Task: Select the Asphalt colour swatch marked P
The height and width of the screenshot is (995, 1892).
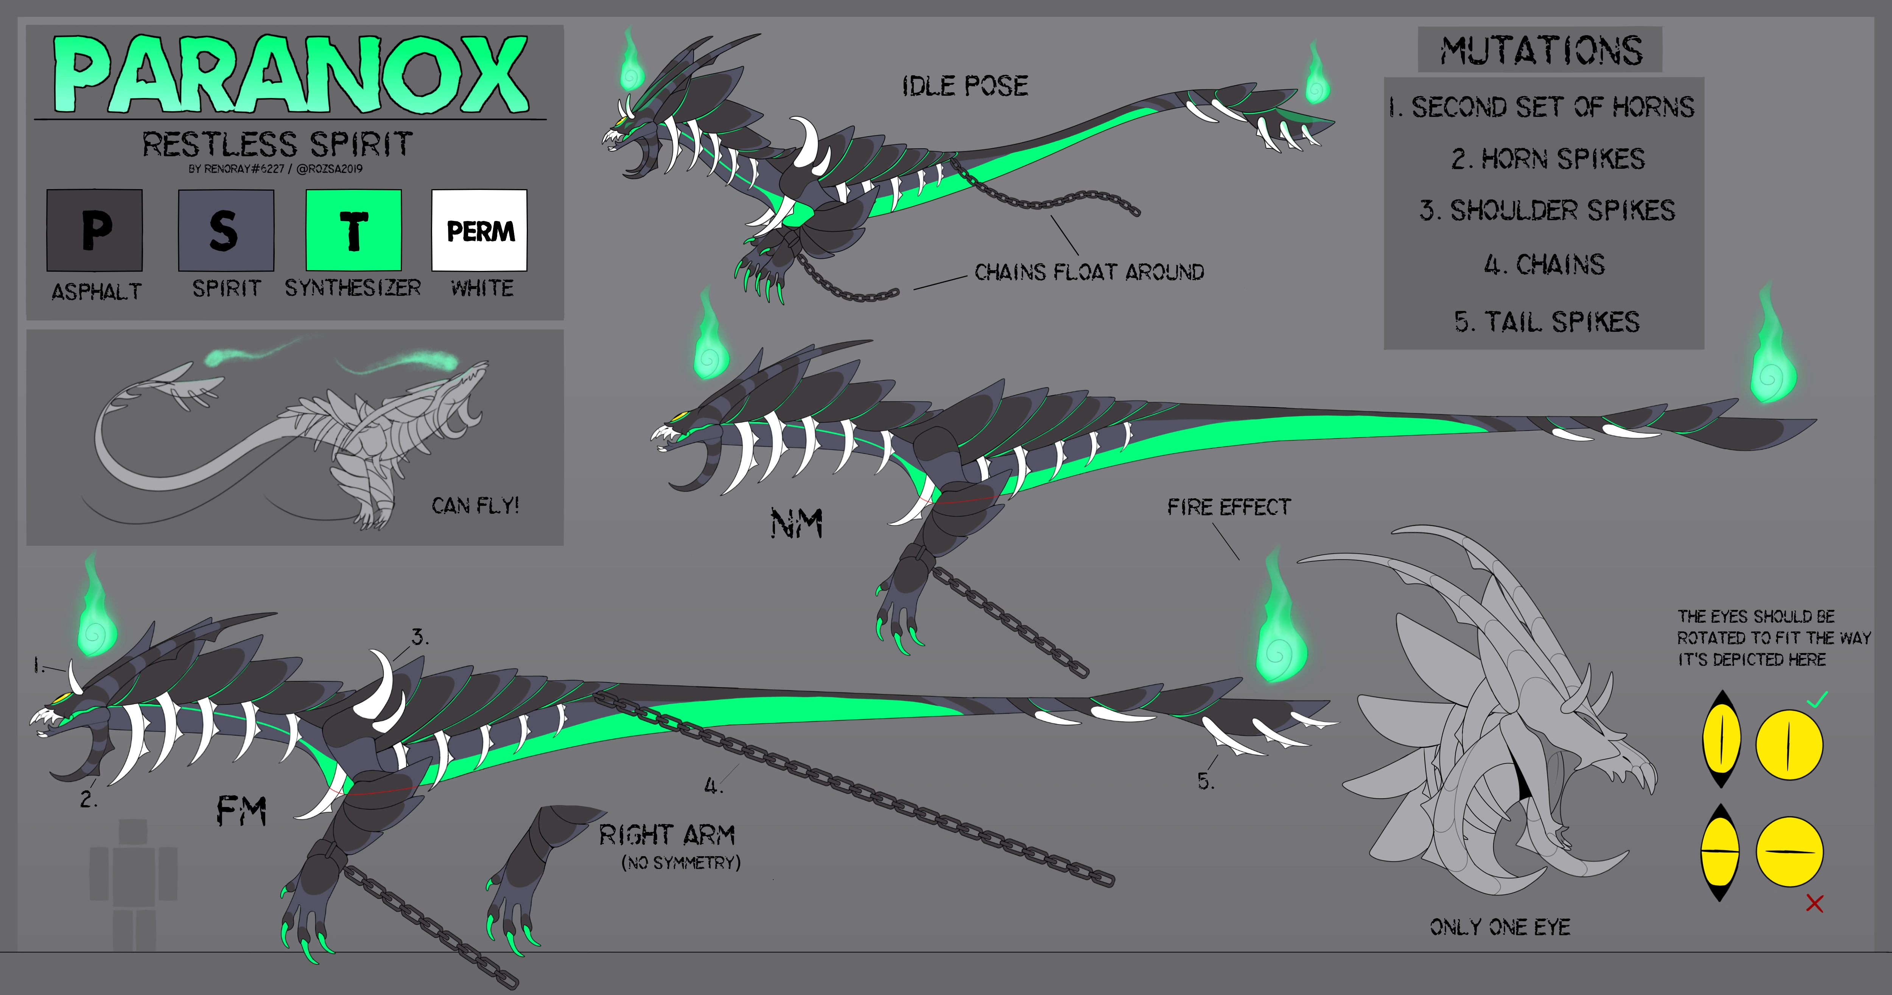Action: tap(95, 230)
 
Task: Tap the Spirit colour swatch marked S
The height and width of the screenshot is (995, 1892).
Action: tap(226, 230)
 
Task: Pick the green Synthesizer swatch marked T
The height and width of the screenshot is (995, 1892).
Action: tap(353, 230)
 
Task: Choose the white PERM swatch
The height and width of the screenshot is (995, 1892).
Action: tap(479, 230)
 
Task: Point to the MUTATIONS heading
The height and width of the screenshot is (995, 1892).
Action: tap(1540, 51)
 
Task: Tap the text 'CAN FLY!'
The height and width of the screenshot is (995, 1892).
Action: tap(475, 506)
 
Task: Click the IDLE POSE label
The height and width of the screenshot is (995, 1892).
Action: tap(965, 86)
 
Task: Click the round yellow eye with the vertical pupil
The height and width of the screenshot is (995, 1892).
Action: tap(1789, 744)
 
